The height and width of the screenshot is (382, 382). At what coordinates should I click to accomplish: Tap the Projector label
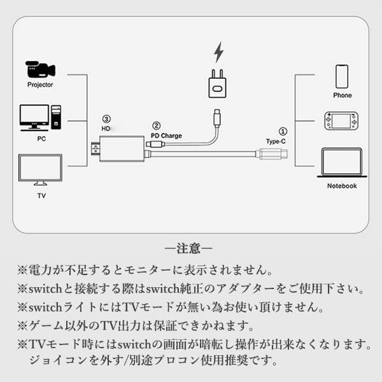(x=40, y=85)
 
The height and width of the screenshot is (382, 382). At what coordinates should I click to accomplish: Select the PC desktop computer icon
(x=40, y=117)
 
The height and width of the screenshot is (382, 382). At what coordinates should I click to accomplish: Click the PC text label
(x=40, y=138)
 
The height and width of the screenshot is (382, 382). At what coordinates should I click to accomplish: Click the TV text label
(x=40, y=196)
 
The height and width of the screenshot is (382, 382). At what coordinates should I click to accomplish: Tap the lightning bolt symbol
(x=219, y=52)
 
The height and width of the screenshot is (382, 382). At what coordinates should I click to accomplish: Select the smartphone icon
(x=343, y=76)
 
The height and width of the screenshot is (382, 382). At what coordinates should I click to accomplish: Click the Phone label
(x=343, y=95)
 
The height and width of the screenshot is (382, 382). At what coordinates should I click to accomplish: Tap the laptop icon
(x=342, y=163)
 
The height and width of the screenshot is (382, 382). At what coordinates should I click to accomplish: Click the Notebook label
(x=342, y=186)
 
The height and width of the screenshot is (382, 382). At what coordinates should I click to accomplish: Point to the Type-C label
(x=277, y=141)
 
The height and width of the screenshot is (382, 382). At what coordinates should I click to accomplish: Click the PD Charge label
(x=167, y=136)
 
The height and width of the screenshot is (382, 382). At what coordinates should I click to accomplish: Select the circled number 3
(x=106, y=118)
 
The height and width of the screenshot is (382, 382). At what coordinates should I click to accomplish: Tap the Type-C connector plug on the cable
(x=272, y=153)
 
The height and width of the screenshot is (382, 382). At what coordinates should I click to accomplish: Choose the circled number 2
(x=156, y=126)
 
